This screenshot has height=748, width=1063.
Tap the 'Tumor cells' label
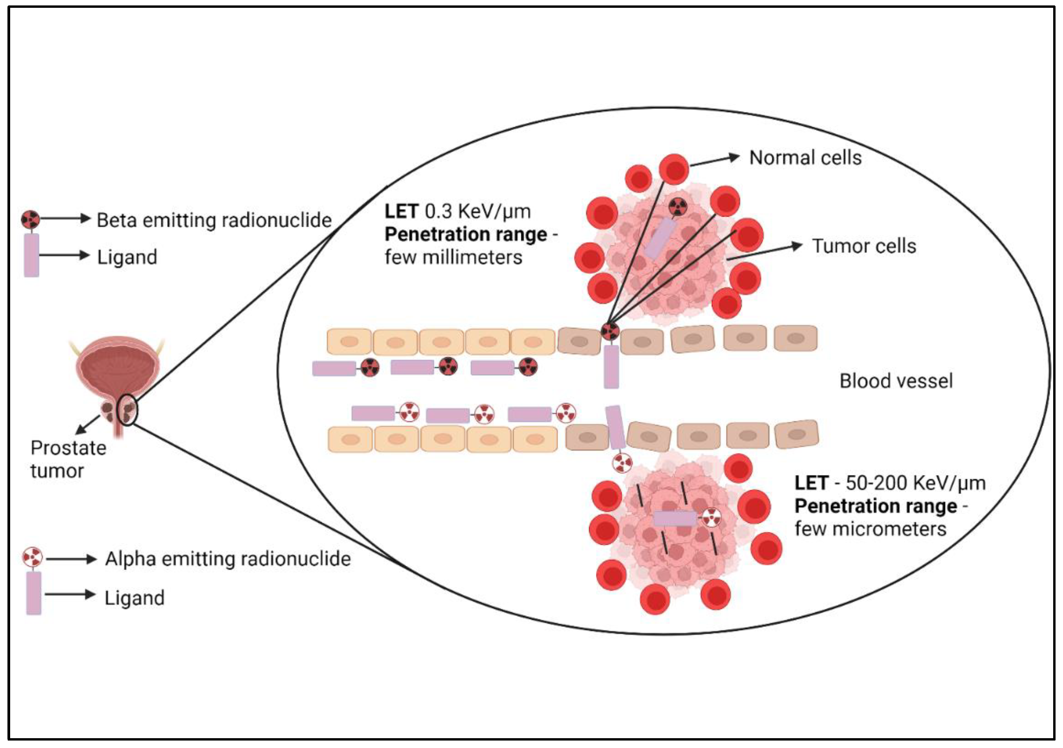click(x=864, y=246)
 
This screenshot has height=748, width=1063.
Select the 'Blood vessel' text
click(x=896, y=381)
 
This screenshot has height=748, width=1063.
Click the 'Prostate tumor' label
click(x=68, y=459)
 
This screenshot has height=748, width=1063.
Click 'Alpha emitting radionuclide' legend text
click(x=228, y=559)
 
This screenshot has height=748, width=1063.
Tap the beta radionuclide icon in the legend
click(x=30, y=219)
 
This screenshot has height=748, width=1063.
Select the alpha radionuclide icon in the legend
click(x=33, y=557)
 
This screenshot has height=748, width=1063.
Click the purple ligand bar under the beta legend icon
click(x=31, y=255)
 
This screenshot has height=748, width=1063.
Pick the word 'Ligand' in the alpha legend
click(x=134, y=598)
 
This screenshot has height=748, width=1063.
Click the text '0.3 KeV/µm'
click(x=477, y=212)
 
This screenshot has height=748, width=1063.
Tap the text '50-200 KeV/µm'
click(x=915, y=483)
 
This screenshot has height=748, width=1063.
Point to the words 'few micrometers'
click(x=870, y=529)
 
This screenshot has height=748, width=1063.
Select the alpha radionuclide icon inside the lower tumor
click(x=711, y=517)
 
